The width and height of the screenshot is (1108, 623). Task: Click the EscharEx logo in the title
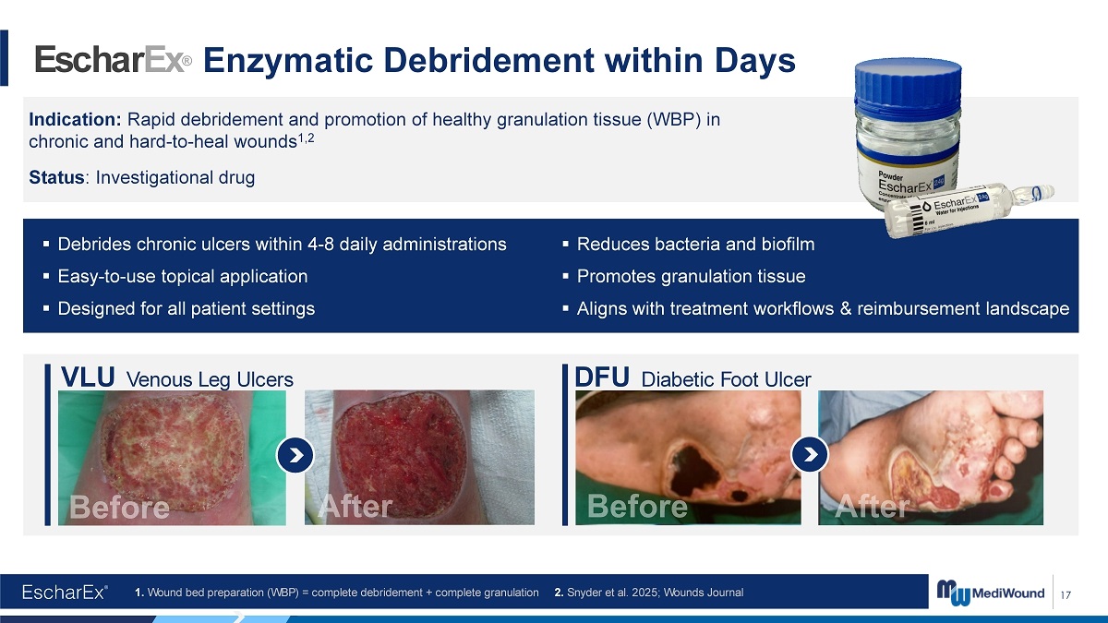point(114,59)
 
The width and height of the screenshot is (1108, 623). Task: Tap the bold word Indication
point(75,119)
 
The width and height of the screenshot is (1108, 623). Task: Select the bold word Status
point(56,177)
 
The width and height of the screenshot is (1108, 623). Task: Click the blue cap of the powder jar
point(909,84)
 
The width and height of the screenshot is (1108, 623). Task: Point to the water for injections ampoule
point(969,210)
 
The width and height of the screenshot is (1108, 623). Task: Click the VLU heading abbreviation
point(88,377)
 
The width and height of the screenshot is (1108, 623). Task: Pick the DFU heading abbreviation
point(601,377)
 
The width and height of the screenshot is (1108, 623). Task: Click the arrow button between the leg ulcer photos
point(295,455)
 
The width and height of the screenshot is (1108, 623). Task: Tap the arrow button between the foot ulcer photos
point(810,454)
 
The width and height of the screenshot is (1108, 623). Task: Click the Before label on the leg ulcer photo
point(119,507)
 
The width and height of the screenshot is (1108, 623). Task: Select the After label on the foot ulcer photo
point(872,507)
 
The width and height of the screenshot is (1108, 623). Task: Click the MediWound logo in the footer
point(990,593)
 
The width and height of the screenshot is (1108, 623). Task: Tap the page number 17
point(1066,594)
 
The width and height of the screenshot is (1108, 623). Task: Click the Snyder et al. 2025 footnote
point(648,593)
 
